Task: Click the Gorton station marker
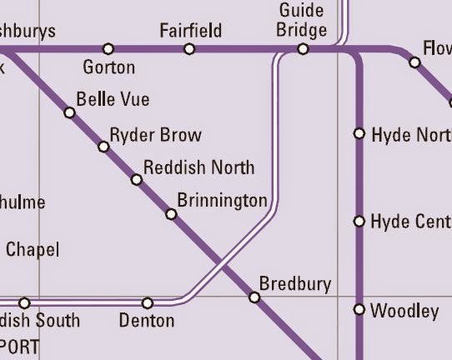click(x=108, y=49)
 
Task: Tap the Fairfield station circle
click(x=189, y=49)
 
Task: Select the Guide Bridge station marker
click(x=303, y=49)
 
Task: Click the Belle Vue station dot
click(x=70, y=112)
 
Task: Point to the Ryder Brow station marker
click(x=103, y=147)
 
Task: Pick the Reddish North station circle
click(x=137, y=180)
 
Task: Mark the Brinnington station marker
click(x=171, y=214)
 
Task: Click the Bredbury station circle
click(x=254, y=297)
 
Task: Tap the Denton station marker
click(x=148, y=302)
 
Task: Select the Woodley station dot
click(x=359, y=310)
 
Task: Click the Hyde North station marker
click(x=359, y=133)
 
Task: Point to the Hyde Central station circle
click(x=359, y=222)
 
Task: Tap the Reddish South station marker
click(x=24, y=302)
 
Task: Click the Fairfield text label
click(x=191, y=32)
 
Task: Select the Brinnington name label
click(x=222, y=201)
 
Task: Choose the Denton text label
click(x=147, y=321)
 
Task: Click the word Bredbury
click(x=295, y=283)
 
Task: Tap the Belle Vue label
click(x=113, y=99)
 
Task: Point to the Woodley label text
click(x=404, y=312)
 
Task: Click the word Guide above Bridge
click(x=302, y=11)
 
